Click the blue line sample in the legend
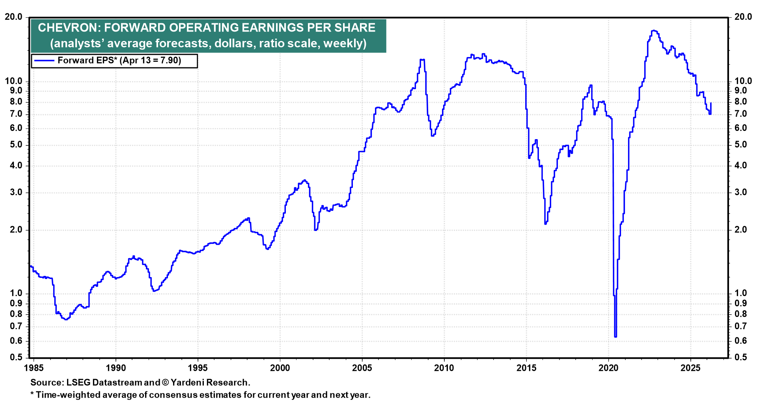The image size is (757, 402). (x=44, y=61)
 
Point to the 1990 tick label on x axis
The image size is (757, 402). (x=116, y=368)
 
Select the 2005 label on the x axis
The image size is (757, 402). (x=362, y=368)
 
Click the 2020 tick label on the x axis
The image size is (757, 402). (x=608, y=368)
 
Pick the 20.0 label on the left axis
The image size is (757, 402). (x=14, y=17)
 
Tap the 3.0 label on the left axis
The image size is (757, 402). (x=16, y=193)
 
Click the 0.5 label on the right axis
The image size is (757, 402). (x=740, y=357)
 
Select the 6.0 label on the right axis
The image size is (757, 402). (x=740, y=128)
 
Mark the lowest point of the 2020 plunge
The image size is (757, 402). (x=615, y=337)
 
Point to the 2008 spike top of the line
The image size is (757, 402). (x=422, y=60)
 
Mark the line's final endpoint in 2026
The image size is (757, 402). (x=711, y=103)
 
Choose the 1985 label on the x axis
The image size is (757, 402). (x=34, y=368)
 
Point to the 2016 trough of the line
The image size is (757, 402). (x=546, y=223)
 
